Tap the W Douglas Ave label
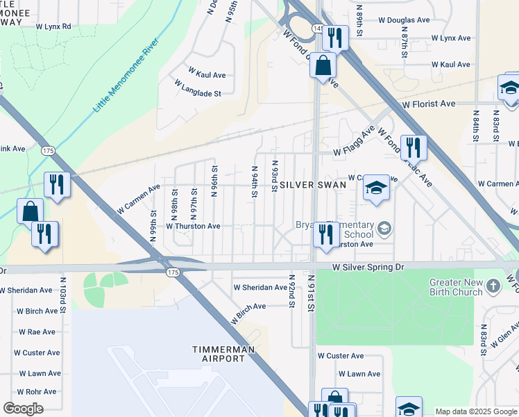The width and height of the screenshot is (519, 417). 400,21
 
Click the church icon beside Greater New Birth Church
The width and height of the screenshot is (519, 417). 493,286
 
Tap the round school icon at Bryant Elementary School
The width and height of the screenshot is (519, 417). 384,228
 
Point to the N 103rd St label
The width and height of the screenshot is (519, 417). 63,301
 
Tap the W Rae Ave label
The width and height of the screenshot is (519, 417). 36,332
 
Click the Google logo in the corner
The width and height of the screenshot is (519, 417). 23,409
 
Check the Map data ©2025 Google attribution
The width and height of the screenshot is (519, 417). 476,411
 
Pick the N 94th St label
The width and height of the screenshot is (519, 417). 255,181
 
